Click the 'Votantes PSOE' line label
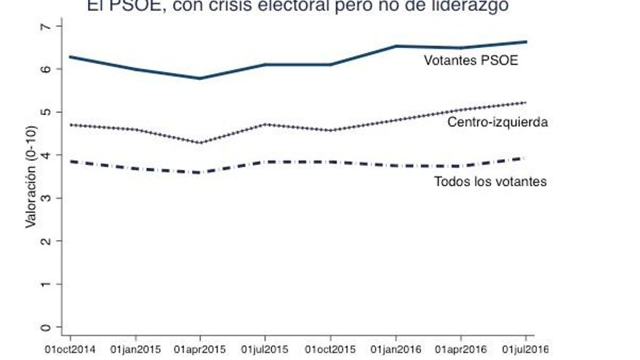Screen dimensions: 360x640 pyautogui.click(x=471, y=61)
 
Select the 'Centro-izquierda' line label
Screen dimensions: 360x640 pyautogui.click(x=497, y=122)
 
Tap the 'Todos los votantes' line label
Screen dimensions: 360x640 pyautogui.click(x=489, y=181)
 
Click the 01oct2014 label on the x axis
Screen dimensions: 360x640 pyautogui.click(x=69, y=350)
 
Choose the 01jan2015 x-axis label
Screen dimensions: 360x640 pyautogui.click(x=135, y=350)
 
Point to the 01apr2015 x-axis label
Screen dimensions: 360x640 pyautogui.click(x=199, y=350)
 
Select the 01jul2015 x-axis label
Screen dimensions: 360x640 pyautogui.click(x=265, y=350)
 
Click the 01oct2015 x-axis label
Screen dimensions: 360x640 pyautogui.click(x=330, y=350)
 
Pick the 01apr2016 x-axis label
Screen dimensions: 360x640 pyautogui.click(x=460, y=350)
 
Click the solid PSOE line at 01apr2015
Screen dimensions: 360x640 pyautogui.click(x=199, y=78)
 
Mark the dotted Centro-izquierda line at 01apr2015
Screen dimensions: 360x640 pyautogui.click(x=199, y=143)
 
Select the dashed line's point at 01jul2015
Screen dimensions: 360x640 pyautogui.click(x=265, y=161)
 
